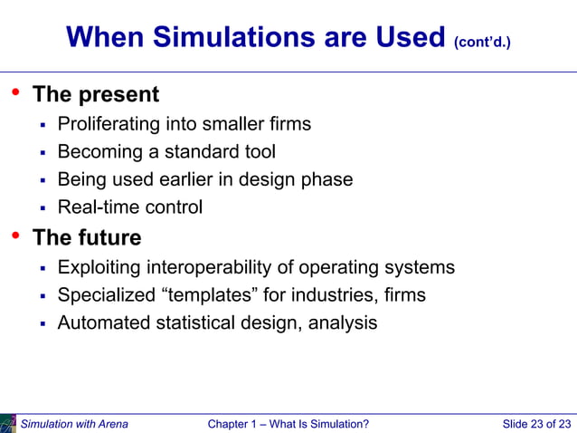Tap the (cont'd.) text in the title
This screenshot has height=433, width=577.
pyautogui.click(x=487, y=42)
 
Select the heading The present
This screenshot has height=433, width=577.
pyautogui.click(x=96, y=94)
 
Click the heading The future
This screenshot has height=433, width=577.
pyautogui.click(x=87, y=238)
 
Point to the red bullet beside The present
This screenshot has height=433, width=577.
pyautogui.click(x=14, y=93)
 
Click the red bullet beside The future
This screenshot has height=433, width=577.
pyautogui.click(x=14, y=237)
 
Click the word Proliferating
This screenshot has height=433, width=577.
pyautogui.click(x=111, y=124)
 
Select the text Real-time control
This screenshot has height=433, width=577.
pyautogui.click(x=130, y=207)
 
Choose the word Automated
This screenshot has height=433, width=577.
pyautogui.click(x=103, y=322)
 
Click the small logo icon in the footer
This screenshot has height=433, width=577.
pyautogui.click(x=8, y=422)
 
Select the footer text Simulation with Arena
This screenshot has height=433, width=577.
pyautogui.click(x=74, y=424)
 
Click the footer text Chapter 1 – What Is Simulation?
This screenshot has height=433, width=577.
pyautogui.click(x=288, y=424)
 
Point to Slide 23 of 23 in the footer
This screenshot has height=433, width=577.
pyautogui.click(x=537, y=424)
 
